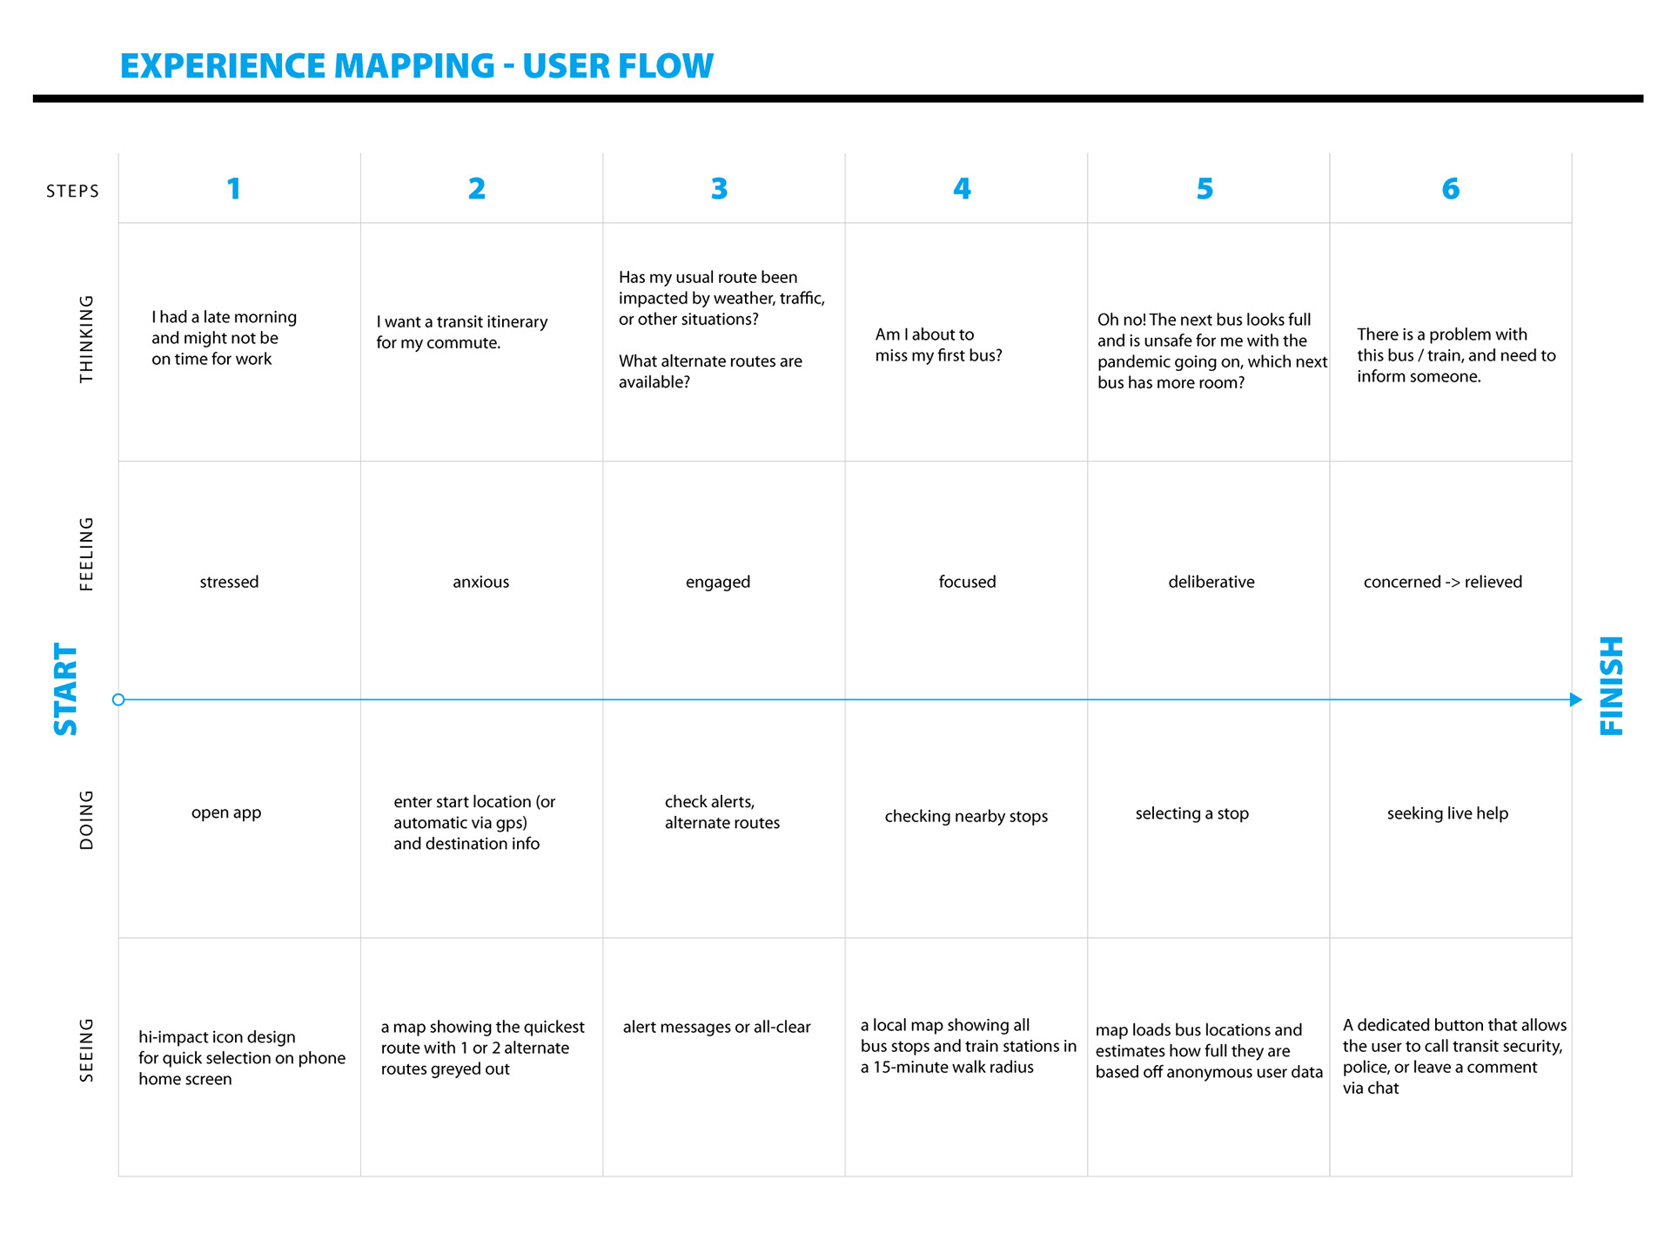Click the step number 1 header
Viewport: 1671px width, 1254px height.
[233, 189]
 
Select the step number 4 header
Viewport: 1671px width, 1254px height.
[962, 189]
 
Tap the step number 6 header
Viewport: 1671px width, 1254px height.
[1450, 189]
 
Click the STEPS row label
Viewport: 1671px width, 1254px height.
[73, 192]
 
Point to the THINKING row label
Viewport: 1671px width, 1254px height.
[86, 339]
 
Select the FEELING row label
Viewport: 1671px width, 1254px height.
[86, 554]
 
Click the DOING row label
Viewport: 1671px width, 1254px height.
[86, 819]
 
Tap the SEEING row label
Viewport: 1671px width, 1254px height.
[86, 1050]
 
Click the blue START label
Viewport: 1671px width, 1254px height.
[66, 690]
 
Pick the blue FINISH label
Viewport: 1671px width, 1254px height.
[1612, 686]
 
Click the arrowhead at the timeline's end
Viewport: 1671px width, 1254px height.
[1575, 699]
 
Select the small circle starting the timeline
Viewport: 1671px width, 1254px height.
[118, 699]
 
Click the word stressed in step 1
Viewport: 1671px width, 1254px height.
[229, 582]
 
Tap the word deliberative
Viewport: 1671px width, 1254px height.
[1211, 582]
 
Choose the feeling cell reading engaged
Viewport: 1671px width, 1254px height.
[717, 582]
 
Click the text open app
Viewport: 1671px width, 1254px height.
[226, 812]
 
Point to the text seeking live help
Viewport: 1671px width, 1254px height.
[1447, 813]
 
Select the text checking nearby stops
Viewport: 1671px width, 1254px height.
[966, 816]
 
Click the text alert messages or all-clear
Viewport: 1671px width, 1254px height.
[716, 1027]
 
